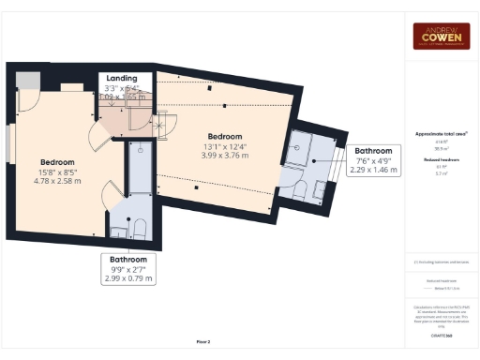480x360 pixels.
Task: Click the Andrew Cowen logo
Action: click(442, 36)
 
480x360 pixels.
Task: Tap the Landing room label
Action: click(122, 78)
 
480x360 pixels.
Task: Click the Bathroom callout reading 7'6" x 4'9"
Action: click(374, 150)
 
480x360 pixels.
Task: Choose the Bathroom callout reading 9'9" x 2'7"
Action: click(128, 259)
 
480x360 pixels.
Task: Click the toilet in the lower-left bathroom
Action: click(139, 228)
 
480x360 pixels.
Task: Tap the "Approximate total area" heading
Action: click(442, 134)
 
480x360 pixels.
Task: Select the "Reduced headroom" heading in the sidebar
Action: click(442, 160)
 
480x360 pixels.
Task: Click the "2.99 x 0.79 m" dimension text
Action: click(128, 278)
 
